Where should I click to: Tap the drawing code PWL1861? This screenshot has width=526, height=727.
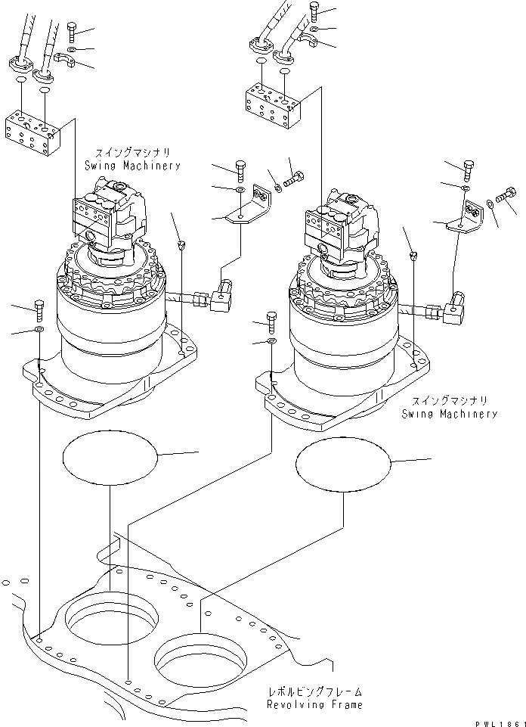tap(496, 722)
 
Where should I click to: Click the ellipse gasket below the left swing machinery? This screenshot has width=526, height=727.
tap(110, 457)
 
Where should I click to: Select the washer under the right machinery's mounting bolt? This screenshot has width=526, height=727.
tap(272, 343)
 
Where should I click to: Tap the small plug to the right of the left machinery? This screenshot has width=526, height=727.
tap(181, 244)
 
